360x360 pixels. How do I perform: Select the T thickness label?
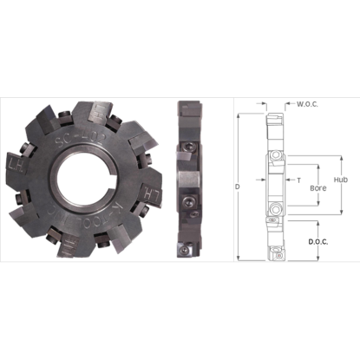point(298,180)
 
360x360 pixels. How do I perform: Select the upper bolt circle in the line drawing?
point(274,156)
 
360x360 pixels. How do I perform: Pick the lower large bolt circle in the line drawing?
point(274,208)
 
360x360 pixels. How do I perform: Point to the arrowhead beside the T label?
point(288,180)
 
